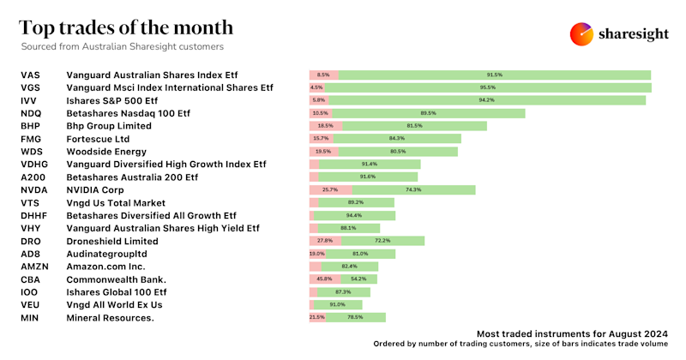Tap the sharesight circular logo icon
point(582,33)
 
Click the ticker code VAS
point(30,75)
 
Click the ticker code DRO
point(30,241)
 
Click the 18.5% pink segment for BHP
point(325,126)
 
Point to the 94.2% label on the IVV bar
point(486,100)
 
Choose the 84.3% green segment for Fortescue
point(397,139)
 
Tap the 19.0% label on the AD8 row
point(316,254)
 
